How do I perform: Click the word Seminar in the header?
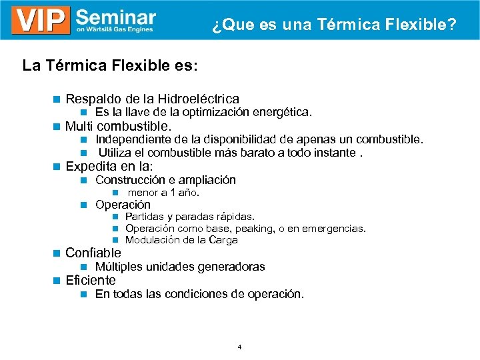click(116, 16)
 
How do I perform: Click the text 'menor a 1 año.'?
click(164, 193)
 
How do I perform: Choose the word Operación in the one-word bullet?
click(123, 205)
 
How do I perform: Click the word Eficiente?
click(91, 280)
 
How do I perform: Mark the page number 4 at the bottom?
click(239, 347)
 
